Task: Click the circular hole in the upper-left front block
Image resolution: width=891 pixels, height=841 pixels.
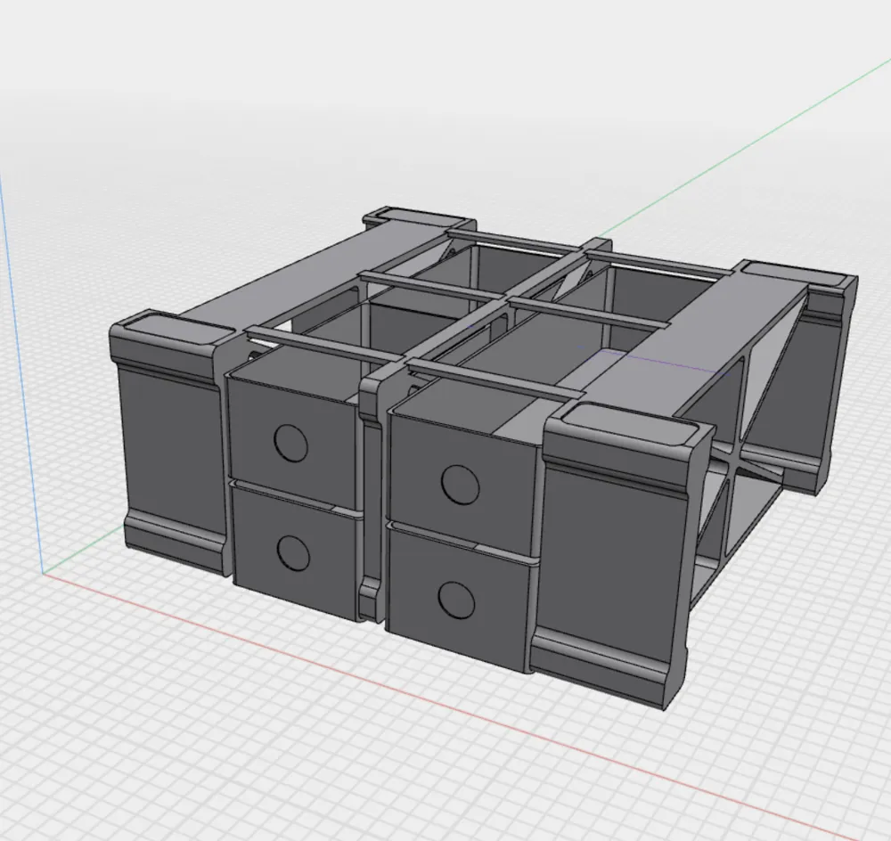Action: [x=290, y=443]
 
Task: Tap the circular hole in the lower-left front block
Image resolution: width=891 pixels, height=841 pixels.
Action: [x=292, y=554]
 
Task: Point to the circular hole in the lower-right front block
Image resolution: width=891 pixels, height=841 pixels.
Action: [x=456, y=600]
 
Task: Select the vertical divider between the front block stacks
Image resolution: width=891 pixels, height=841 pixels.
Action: [x=373, y=499]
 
